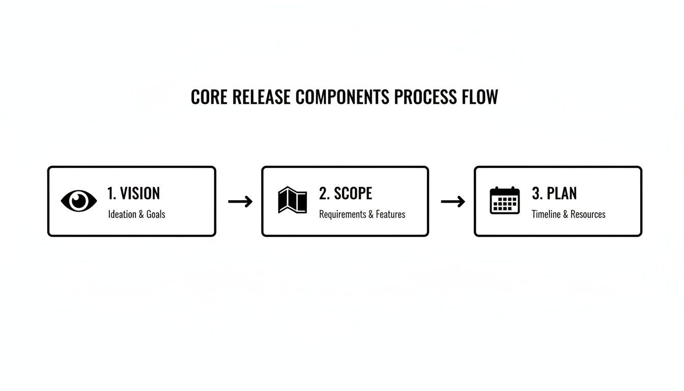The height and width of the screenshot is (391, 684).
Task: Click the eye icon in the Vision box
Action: coord(79,201)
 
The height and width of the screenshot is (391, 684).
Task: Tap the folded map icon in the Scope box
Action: coord(293,201)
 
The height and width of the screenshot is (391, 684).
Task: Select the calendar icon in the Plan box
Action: coord(504,200)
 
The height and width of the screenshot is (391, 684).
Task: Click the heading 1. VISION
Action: coord(133,193)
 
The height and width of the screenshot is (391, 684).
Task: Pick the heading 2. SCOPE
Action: coord(346,193)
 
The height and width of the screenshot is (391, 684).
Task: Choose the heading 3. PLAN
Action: coord(554,193)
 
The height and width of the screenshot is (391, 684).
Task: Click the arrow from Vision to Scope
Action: coord(240,202)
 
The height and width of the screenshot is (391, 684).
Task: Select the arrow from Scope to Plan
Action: coord(453,202)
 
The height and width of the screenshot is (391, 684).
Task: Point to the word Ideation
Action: coord(122,214)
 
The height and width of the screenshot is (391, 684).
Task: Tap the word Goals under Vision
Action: coord(156,214)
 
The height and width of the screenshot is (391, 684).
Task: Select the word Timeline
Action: coord(546,214)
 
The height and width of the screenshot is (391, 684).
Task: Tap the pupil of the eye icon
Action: coord(79,201)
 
